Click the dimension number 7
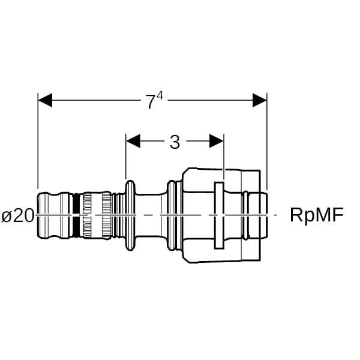click(x=149, y=102)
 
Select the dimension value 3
click(x=175, y=142)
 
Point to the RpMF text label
click(x=316, y=215)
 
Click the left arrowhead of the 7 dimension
click(x=46, y=100)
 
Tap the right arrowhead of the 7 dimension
click(x=259, y=100)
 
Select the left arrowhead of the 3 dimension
click(x=133, y=141)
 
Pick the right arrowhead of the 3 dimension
click(x=216, y=141)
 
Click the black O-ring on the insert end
click(x=77, y=215)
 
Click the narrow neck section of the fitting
click(x=150, y=215)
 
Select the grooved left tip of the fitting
click(x=53, y=215)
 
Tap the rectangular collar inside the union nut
click(x=218, y=215)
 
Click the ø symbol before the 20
click(x=7, y=215)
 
